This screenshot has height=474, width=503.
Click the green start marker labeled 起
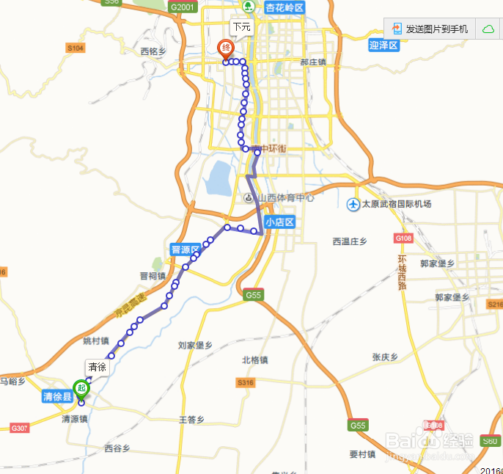[81, 387]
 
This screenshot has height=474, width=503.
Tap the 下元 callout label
[241, 27]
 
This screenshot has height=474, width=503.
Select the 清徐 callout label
[97, 366]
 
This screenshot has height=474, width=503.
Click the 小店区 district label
[279, 222]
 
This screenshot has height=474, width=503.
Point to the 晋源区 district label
[186, 249]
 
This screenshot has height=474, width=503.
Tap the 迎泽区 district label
[383, 45]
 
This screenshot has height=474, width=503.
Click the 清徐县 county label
[56, 397]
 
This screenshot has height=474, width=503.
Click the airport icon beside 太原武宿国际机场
[353, 203]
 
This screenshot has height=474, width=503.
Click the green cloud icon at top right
[488, 29]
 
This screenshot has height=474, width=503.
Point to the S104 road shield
[76, 48]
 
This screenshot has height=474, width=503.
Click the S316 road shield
[244, 383]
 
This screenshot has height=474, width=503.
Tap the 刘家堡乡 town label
[195, 345]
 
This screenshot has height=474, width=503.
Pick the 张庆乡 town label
[384, 357]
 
